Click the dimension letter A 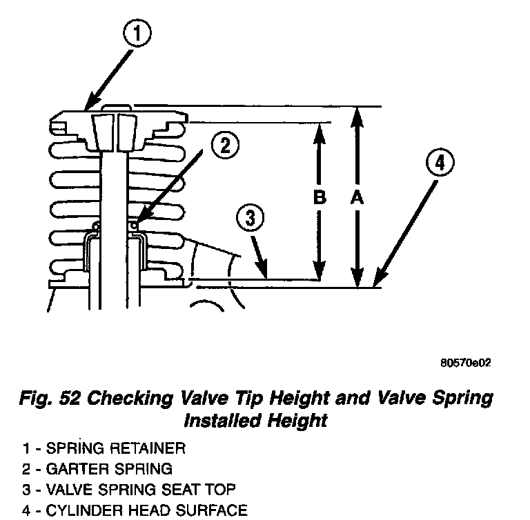pos(356,198)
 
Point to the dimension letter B pos(319,198)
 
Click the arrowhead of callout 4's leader pos(377,282)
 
